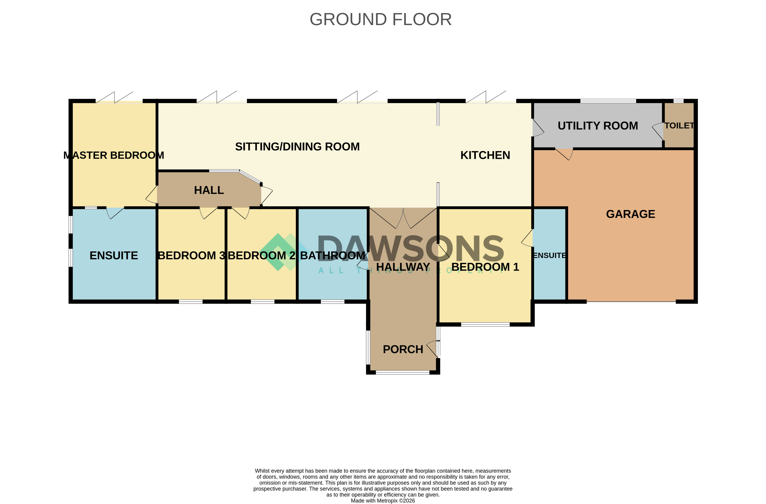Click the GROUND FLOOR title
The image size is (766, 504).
380,19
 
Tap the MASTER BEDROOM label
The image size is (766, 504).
114,155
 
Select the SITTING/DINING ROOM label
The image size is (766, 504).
297,147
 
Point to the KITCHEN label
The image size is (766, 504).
485,155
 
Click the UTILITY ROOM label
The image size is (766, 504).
598,126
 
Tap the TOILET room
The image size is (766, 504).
679,125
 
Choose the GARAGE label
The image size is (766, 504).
631,214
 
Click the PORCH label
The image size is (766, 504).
403,349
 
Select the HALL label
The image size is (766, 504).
209,190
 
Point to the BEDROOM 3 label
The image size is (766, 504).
192,256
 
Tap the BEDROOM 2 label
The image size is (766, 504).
262,256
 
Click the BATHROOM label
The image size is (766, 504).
332,256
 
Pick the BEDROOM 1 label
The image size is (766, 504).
485,267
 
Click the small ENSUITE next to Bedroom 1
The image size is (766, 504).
549,256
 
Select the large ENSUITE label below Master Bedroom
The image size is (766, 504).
114,256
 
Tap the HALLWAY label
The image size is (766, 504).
403,267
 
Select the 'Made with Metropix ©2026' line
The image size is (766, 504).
383,501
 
